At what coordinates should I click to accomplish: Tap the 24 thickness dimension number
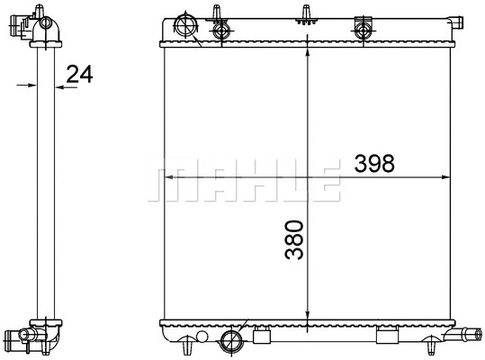(x=80, y=75)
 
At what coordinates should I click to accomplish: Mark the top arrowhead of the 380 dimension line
(x=309, y=52)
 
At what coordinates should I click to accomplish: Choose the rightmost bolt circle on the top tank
(x=364, y=30)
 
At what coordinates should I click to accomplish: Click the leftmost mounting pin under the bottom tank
(x=185, y=344)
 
